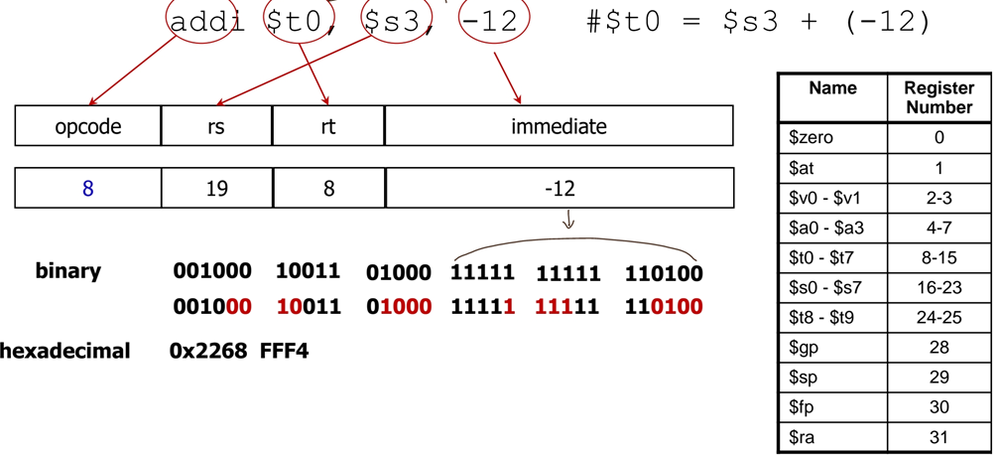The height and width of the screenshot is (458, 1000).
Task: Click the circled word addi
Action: click(x=207, y=22)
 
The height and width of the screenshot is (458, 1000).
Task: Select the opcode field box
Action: click(x=88, y=126)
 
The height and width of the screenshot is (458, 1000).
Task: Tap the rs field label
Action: click(x=216, y=126)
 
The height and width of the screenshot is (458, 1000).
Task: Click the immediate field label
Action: click(x=559, y=126)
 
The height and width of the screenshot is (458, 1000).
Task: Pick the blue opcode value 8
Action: click(x=88, y=188)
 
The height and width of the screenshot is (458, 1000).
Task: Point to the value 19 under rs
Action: click(x=216, y=188)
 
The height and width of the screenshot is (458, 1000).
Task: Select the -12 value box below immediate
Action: click(x=560, y=188)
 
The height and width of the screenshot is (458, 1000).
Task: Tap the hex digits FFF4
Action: click(x=284, y=351)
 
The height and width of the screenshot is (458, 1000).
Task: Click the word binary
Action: click(x=68, y=271)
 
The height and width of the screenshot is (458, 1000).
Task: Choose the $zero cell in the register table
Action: click(x=831, y=138)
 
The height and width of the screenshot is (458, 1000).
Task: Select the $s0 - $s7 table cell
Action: click(x=831, y=288)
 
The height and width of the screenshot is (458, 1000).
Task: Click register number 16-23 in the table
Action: click(x=938, y=288)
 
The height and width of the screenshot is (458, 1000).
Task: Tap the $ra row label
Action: click(x=831, y=437)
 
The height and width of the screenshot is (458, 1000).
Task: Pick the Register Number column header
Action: click(x=938, y=97)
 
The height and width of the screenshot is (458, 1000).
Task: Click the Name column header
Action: click(x=831, y=88)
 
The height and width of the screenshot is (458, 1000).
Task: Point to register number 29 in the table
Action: click(x=938, y=378)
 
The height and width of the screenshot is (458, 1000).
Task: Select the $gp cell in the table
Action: click(x=831, y=348)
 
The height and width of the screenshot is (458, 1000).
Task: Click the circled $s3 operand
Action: click(x=394, y=22)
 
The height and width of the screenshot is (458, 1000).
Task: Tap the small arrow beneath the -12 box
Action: click(x=568, y=220)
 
